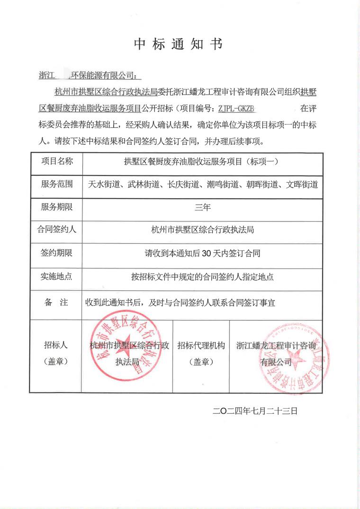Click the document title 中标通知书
178,44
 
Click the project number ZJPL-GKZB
237,108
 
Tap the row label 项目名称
56,161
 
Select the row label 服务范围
56,184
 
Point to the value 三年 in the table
202,207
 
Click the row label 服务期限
56,207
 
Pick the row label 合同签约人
56,230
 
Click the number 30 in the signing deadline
206,253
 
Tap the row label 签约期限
56,253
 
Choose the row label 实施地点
56,276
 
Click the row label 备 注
56,303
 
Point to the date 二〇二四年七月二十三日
255,411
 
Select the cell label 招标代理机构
201,345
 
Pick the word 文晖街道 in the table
302,185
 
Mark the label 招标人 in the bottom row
56,345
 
